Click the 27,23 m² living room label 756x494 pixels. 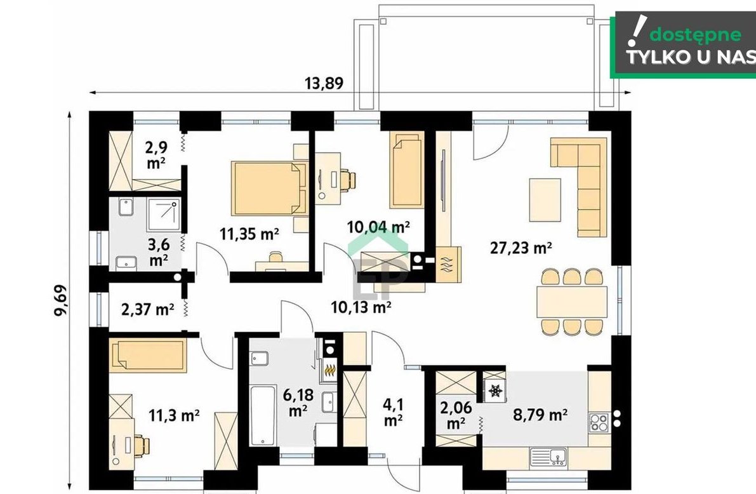(521, 248)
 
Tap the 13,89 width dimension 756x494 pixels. (324, 83)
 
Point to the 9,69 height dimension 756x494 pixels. (61, 300)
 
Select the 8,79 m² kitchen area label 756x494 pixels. (540, 415)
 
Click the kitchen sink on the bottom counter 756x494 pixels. (548, 457)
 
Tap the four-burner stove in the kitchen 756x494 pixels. (598, 423)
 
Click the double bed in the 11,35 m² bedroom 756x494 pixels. (269, 188)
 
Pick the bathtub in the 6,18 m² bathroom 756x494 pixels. (263, 415)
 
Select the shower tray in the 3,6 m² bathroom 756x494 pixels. (163, 214)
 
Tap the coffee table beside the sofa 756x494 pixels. (545, 200)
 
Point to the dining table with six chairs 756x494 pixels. (572, 301)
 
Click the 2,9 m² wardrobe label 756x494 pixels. (156, 155)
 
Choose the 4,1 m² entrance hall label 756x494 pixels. (394, 412)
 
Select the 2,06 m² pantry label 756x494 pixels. (456, 415)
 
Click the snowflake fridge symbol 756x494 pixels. (494, 391)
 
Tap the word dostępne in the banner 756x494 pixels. (695, 35)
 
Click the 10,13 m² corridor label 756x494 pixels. (361, 306)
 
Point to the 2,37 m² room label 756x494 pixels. (147, 309)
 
